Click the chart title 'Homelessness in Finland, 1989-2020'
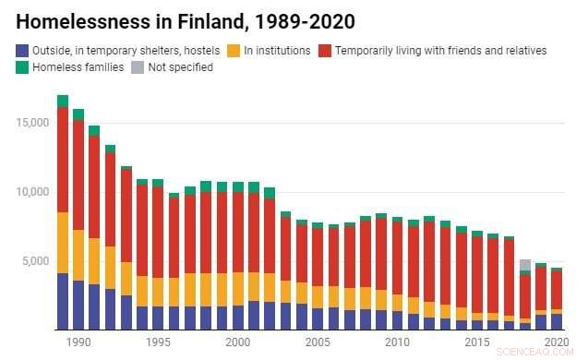[x=186, y=19]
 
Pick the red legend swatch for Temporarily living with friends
[x=325, y=50]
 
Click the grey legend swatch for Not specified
[x=138, y=67]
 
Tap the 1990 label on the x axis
[x=78, y=342]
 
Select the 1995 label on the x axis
[x=157, y=342]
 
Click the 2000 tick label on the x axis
[x=237, y=342]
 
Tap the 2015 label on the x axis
[x=476, y=342]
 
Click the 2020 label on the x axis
[x=556, y=342]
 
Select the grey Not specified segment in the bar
[x=524, y=265]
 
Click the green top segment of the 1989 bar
[x=62, y=101]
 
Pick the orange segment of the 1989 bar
[x=62, y=243]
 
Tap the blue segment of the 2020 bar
[x=557, y=321]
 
